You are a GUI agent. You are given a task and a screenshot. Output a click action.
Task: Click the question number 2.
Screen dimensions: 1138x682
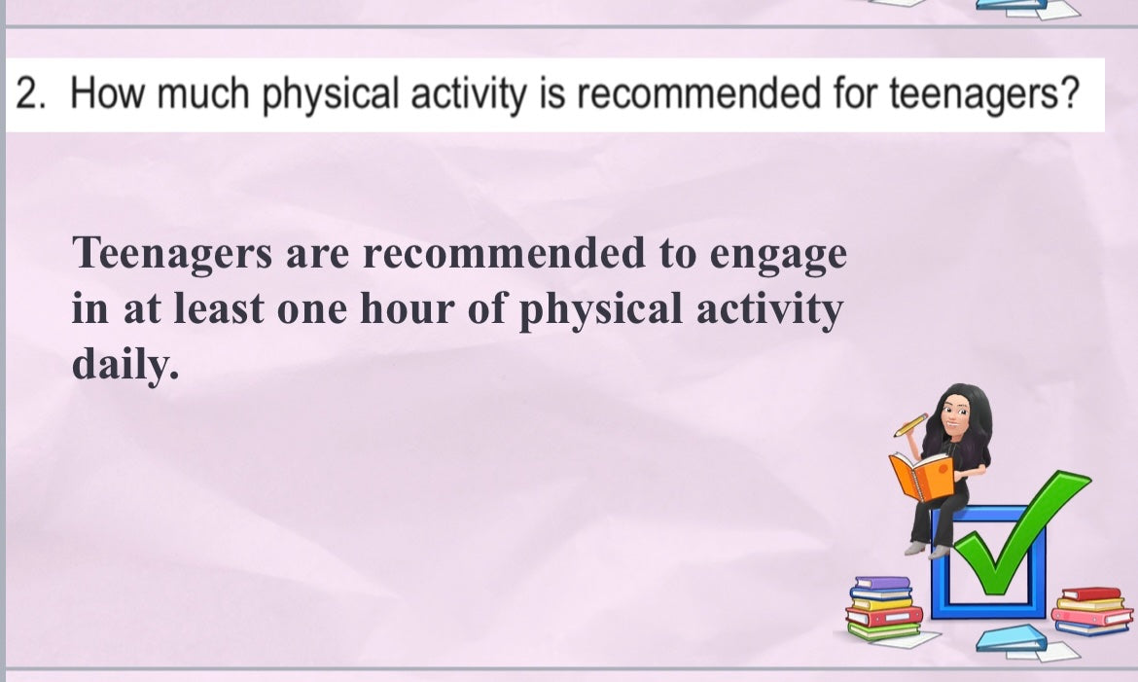point(30,93)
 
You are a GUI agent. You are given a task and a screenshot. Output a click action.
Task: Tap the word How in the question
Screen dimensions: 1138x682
point(108,93)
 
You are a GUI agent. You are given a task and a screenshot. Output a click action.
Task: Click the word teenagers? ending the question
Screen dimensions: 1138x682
point(985,96)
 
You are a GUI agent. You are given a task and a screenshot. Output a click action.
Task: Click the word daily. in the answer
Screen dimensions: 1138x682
point(124,363)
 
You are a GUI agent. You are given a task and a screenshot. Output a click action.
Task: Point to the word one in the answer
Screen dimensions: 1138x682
point(312,311)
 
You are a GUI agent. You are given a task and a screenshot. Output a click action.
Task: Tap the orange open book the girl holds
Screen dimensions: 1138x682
point(921,476)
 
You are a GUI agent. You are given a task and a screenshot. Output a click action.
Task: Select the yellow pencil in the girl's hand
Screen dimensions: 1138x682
point(910,425)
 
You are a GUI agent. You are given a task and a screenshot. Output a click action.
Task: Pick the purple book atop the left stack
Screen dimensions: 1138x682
point(882,583)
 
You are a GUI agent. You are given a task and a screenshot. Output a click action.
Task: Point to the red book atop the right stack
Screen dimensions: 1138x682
point(1091,593)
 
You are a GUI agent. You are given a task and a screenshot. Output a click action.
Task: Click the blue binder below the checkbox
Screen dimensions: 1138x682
point(1011,637)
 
